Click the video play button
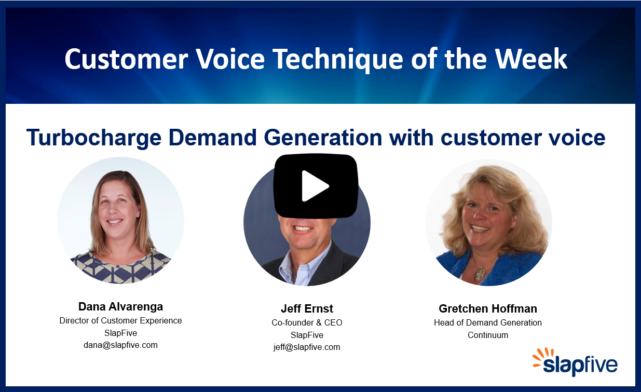click(x=316, y=186)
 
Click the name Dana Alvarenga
click(x=120, y=306)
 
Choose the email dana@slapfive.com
click(x=120, y=345)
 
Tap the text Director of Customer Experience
click(x=120, y=320)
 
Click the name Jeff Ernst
click(x=307, y=308)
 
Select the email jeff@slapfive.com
click(x=307, y=347)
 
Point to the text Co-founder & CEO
click(x=307, y=322)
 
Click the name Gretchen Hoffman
click(x=488, y=308)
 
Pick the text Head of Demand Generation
click(x=488, y=322)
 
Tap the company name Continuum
click(x=488, y=335)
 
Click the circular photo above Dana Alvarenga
click(x=120, y=220)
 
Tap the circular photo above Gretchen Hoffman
click(x=488, y=222)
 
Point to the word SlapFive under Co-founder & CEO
click(x=307, y=335)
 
